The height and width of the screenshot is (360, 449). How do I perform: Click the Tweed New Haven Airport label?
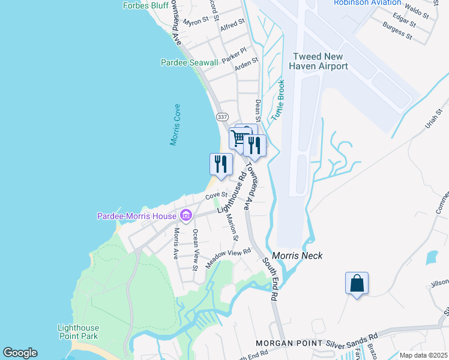click(x=319, y=61)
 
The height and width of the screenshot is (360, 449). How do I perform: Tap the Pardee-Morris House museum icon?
click(x=186, y=215)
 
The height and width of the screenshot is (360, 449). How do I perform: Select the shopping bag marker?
click(x=357, y=284)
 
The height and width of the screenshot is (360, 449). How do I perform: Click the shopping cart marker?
click(x=239, y=139)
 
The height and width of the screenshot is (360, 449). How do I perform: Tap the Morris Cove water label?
click(x=175, y=125)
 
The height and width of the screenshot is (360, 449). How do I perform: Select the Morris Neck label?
click(x=297, y=256)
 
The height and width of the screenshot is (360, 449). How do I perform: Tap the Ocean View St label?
click(x=195, y=249)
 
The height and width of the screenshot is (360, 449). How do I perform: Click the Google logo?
click(x=20, y=353)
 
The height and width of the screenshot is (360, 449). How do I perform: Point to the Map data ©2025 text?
click(x=423, y=355)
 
